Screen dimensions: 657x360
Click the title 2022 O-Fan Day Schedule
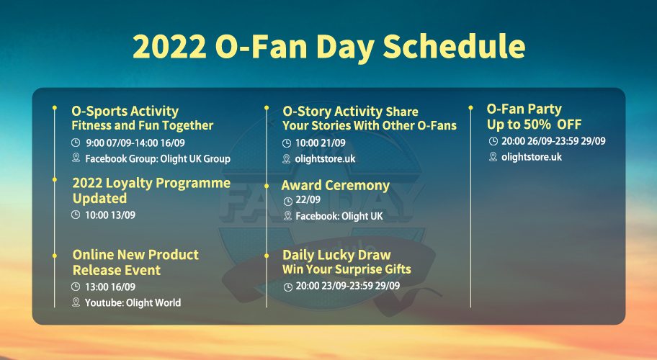tap(329, 47)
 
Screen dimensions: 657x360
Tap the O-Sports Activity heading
tap(125, 112)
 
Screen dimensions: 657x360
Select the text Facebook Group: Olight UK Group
tap(158, 158)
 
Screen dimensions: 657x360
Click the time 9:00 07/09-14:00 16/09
tap(135, 143)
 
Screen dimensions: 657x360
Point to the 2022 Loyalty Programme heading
tap(151, 184)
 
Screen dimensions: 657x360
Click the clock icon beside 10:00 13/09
tap(76, 215)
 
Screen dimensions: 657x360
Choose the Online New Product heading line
tap(135, 254)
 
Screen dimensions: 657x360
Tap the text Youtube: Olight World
tap(133, 302)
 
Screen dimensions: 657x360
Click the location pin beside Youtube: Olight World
tap(76, 302)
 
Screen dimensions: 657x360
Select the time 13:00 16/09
tap(110, 287)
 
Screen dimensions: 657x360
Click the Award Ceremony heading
tap(335, 186)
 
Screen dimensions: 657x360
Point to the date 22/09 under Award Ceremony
tap(308, 199)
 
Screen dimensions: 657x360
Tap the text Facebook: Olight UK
tap(339, 216)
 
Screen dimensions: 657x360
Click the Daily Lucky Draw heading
tap(336, 255)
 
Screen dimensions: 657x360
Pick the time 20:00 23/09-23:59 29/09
tap(348, 286)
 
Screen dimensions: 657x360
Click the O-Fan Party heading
tap(524, 109)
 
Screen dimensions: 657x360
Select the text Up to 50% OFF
tap(535, 125)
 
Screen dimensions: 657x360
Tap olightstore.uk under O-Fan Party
tap(532, 157)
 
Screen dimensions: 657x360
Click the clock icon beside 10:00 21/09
tap(287, 143)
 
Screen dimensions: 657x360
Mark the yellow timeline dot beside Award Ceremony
tap(267, 186)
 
